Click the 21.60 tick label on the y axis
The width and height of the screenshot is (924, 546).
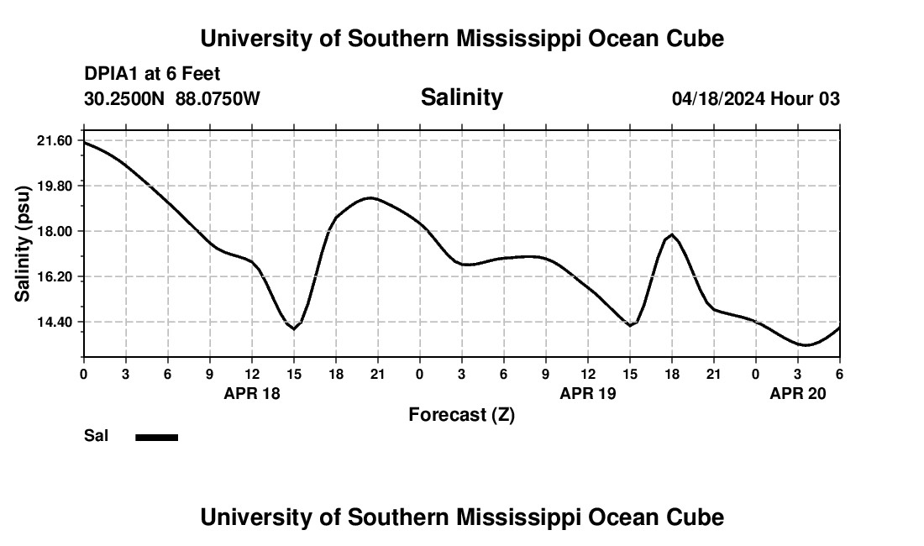55,140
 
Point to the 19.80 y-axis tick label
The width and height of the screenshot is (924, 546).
55,186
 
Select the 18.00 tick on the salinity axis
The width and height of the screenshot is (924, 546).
55,231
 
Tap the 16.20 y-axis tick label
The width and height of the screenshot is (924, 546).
55,276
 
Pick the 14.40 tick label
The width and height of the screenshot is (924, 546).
55,322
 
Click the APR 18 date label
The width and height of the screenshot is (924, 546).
252,393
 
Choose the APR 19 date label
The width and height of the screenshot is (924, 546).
588,393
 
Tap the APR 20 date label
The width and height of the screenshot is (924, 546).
798,393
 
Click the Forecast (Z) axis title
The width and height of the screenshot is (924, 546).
461,414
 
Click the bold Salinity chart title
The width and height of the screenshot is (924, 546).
461,97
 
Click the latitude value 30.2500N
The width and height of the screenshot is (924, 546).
126,99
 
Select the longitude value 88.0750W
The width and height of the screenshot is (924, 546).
218,99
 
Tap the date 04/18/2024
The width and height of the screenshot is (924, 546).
718,99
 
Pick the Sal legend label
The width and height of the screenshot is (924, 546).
96,436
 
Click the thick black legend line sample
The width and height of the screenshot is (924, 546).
156,437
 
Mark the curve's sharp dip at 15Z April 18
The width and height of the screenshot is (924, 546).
294,328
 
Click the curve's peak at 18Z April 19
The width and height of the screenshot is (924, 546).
672,234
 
